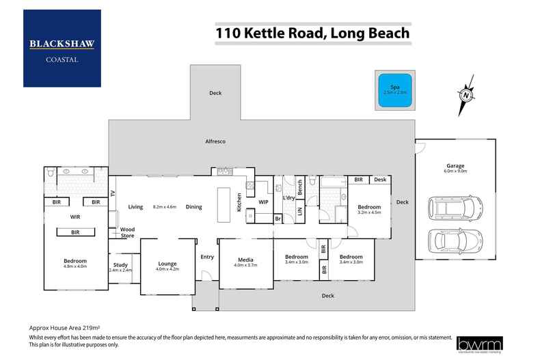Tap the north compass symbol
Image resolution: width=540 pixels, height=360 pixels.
tap(464, 95)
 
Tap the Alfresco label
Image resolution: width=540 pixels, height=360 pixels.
tap(215, 141)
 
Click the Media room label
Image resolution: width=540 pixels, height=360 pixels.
tap(245, 259)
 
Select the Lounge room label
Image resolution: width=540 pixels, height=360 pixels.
tap(167, 263)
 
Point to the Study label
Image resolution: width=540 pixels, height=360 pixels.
tap(120, 265)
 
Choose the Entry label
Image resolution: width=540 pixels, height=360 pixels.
tap(207, 257)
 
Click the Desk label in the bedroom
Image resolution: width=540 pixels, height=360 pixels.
tap(380, 180)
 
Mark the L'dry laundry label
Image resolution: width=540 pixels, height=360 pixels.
tap(288, 199)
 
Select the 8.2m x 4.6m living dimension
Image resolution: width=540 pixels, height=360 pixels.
tap(165, 206)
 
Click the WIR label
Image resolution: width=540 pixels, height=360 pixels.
tap(75, 217)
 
